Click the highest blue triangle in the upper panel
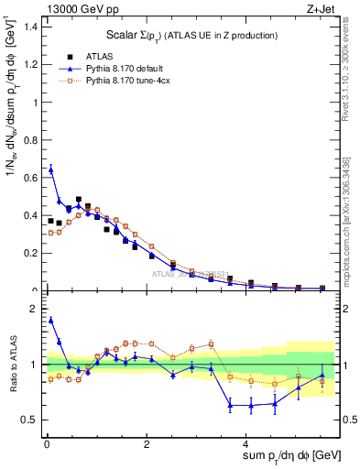50,169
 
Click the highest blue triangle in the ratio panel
50,320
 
